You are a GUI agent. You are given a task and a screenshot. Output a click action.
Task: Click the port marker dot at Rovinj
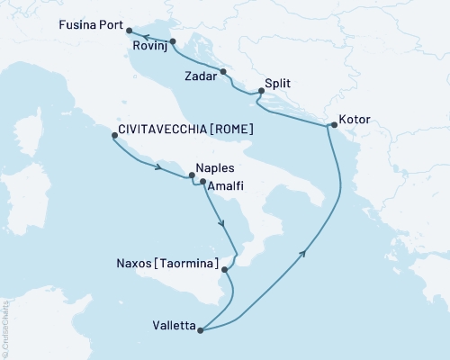[x=173, y=41]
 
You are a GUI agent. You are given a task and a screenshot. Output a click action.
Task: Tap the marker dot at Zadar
[x=223, y=70]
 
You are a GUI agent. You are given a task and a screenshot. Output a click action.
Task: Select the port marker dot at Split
[x=261, y=90]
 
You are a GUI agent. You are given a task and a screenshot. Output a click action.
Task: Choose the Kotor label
[x=355, y=119]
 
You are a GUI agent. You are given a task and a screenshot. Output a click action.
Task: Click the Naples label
[x=214, y=168]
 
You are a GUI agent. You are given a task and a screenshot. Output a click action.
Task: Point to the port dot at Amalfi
[x=203, y=182]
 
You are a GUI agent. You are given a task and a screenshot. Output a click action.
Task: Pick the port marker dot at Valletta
[x=201, y=330]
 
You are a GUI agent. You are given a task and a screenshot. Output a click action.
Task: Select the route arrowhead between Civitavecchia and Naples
[x=159, y=167]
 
